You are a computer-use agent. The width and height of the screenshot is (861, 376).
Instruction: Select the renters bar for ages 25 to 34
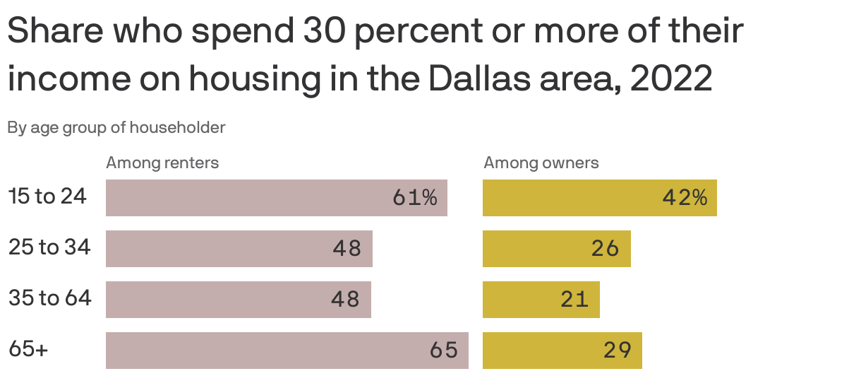point(239,249)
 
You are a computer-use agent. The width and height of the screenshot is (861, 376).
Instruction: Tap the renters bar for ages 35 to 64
point(238,300)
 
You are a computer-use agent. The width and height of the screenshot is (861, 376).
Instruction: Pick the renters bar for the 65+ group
point(287,351)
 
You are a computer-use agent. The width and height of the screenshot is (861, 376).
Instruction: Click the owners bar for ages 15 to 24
point(599,198)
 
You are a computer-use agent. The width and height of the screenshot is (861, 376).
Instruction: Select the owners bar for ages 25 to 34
point(556,249)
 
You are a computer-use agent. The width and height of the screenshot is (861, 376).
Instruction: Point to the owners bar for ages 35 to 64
point(541,300)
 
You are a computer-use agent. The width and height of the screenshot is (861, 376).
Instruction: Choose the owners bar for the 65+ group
point(562,351)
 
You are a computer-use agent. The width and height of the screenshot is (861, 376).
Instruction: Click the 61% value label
point(415,198)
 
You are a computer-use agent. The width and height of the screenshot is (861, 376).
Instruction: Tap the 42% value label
point(685,198)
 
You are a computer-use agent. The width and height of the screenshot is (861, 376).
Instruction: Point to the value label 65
point(444,351)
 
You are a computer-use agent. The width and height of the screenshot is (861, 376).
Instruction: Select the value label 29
point(618,351)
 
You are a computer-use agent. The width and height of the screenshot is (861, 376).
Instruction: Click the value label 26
point(605,249)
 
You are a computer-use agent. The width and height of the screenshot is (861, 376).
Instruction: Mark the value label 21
point(574,300)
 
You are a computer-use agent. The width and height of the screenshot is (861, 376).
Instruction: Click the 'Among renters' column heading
point(162,163)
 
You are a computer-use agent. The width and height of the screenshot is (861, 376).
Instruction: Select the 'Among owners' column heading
point(541,163)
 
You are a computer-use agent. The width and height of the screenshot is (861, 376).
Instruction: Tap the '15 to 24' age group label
point(47,196)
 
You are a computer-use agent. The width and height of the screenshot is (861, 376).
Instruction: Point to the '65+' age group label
point(28,349)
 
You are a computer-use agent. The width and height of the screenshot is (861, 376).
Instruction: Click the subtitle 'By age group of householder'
point(116,128)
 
